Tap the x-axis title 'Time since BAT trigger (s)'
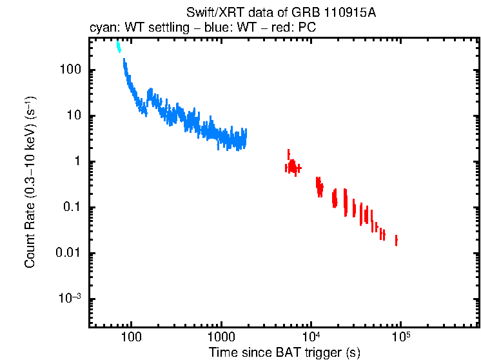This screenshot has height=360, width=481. coord(284,352)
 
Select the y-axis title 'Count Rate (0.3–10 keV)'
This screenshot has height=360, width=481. coord(30,182)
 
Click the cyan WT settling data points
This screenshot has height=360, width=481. coord(118,47)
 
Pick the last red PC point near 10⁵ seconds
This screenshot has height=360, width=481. coord(396,240)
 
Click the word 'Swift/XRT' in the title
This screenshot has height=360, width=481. coord(208,14)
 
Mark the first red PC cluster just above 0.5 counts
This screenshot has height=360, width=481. coord(292,167)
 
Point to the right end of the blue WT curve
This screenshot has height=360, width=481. coord(244,137)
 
